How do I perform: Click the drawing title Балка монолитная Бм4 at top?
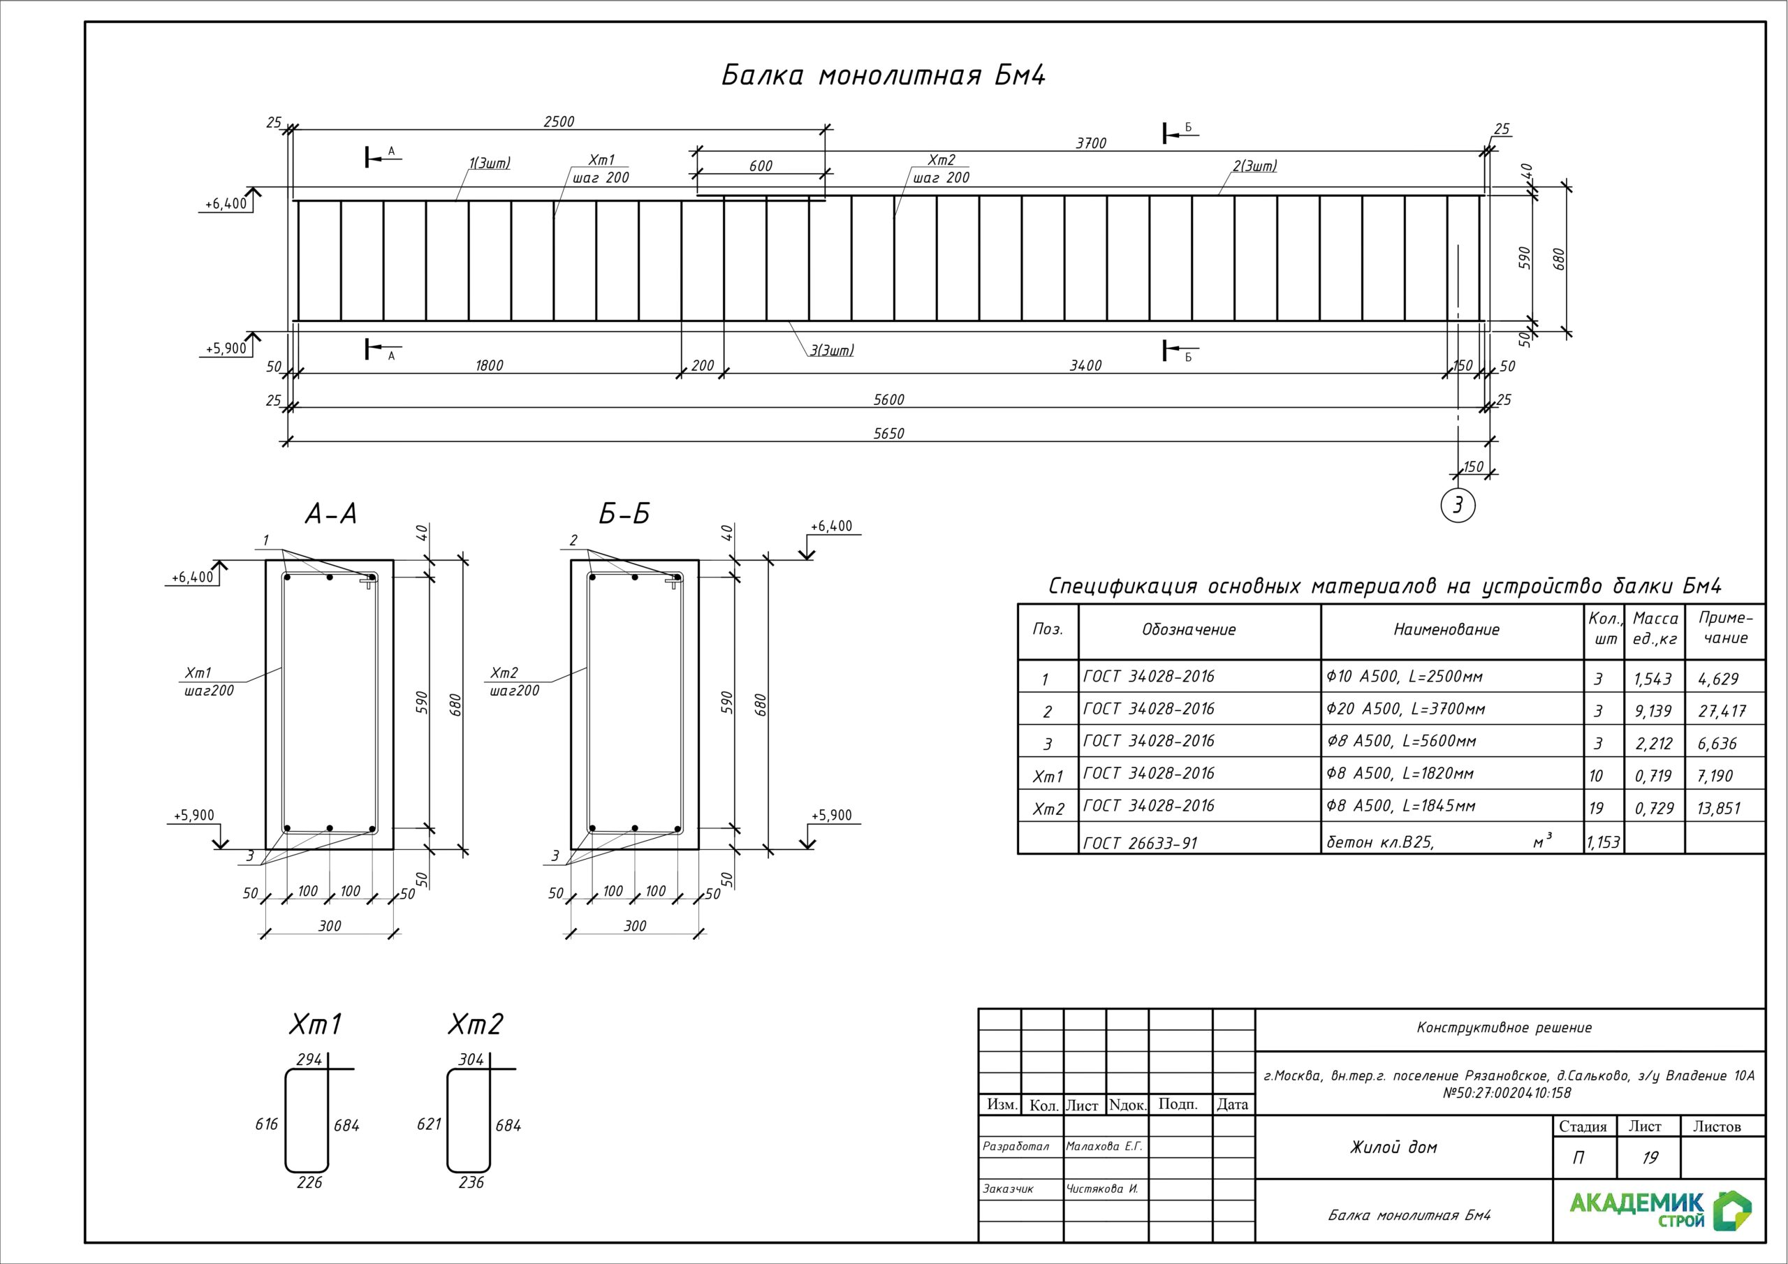(x=883, y=75)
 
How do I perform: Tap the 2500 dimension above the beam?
(x=558, y=122)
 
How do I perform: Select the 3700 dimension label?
(x=1090, y=143)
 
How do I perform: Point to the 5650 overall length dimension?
(x=888, y=434)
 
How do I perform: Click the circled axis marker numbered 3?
(x=1458, y=506)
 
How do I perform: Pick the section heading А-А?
(x=330, y=514)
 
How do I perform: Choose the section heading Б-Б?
(x=624, y=514)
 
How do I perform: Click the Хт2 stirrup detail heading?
(x=475, y=1024)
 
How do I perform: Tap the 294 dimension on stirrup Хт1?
(x=309, y=1059)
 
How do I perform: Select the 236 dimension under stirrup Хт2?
(x=471, y=1182)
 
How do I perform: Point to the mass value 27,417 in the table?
(x=1722, y=711)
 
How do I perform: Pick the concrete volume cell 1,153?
(x=1603, y=843)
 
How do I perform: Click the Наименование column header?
(x=1446, y=630)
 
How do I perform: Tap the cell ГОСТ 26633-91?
(x=1140, y=843)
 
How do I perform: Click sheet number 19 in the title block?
(x=1650, y=1158)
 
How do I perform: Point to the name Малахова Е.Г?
(x=1104, y=1147)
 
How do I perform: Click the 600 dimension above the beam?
(x=761, y=166)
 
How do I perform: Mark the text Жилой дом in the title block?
(x=1393, y=1147)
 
